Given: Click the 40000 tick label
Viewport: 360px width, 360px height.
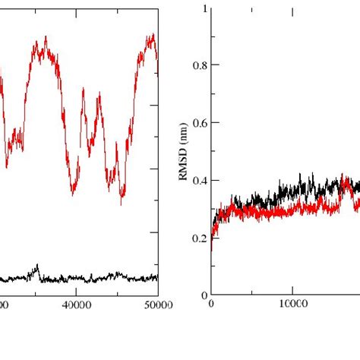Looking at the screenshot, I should click(76, 305).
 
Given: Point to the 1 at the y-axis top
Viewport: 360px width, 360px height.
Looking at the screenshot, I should click(203, 8).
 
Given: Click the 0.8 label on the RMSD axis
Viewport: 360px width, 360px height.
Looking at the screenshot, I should click(199, 65).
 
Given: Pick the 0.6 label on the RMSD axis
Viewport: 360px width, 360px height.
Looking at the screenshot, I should click(199, 123).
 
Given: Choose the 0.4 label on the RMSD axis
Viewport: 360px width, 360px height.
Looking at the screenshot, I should click(199, 180).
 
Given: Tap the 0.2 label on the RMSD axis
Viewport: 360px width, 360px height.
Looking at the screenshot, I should click(199, 238).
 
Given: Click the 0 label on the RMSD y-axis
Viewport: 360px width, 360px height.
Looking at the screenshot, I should click(203, 295).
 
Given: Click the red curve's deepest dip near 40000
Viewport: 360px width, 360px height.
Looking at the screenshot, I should click(74, 194).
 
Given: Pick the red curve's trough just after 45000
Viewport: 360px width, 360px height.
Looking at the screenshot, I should click(122, 203).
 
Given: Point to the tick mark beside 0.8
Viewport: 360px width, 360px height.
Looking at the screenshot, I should click(213, 65).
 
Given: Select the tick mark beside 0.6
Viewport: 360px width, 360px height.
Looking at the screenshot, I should click(213, 123).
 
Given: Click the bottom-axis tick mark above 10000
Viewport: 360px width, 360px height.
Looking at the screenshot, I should click(292, 292).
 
